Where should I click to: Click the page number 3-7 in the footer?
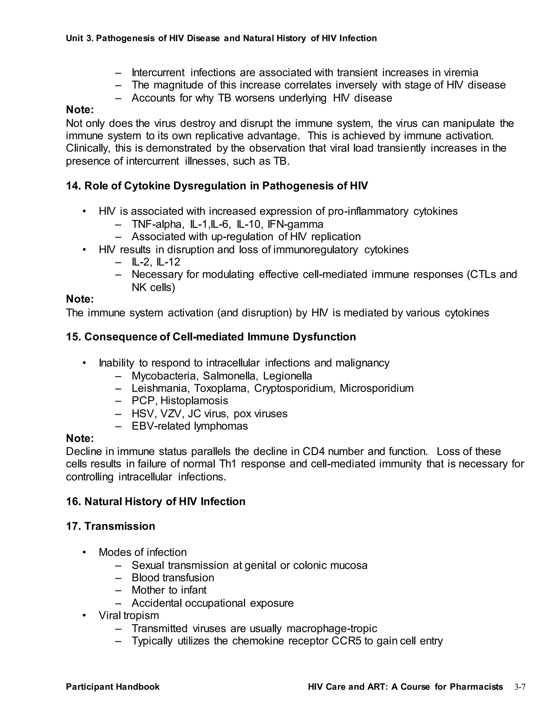[520, 687]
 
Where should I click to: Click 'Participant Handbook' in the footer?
[113, 687]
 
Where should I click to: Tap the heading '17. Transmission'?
[111, 526]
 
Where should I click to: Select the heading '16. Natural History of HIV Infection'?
[156, 502]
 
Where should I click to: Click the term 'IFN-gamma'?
[295, 224]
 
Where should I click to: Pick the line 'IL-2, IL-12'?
[156, 262]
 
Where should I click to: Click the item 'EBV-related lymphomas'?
[189, 426]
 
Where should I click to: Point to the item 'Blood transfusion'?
[173, 578]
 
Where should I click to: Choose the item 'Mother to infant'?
[169, 590]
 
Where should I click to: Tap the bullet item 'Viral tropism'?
[129, 616]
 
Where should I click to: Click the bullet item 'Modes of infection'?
[142, 552]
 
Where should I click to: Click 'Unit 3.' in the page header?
[79, 39]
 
